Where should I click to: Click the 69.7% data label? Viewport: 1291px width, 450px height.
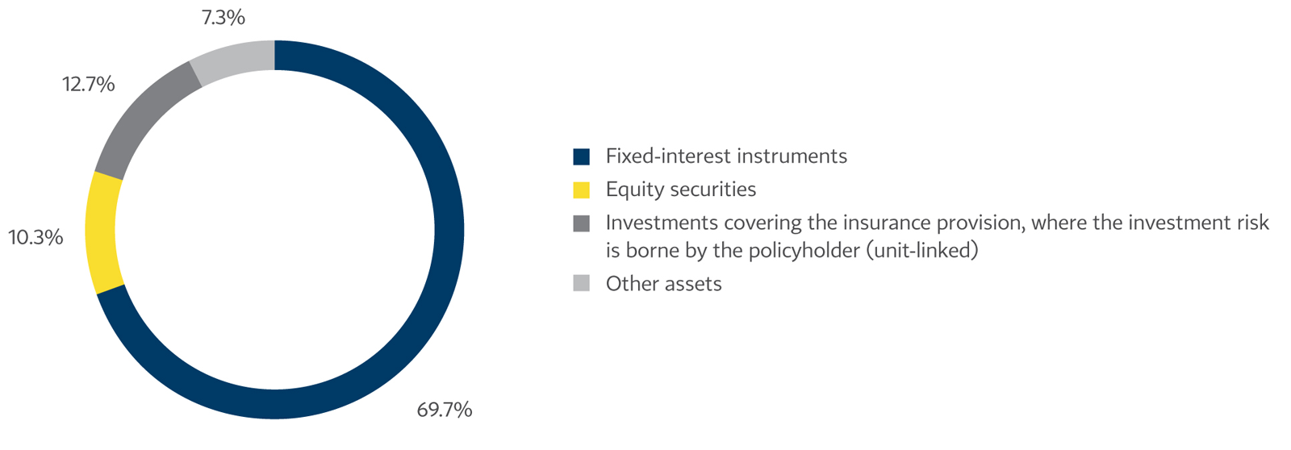click(444, 410)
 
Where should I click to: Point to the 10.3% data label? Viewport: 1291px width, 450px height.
click(36, 238)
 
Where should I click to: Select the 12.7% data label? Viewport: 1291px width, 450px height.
click(88, 84)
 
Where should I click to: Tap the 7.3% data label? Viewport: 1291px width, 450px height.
click(223, 18)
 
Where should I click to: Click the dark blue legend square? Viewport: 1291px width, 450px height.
click(581, 156)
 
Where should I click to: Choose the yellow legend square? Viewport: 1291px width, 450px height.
click(581, 190)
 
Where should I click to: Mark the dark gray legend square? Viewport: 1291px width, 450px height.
click(581, 223)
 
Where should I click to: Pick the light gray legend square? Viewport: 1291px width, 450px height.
click(581, 283)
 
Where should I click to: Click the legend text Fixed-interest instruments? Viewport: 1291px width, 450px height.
click(726, 156)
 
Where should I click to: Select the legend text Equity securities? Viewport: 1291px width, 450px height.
click(681, 190)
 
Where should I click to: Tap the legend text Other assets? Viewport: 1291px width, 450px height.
click(663, 284)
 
